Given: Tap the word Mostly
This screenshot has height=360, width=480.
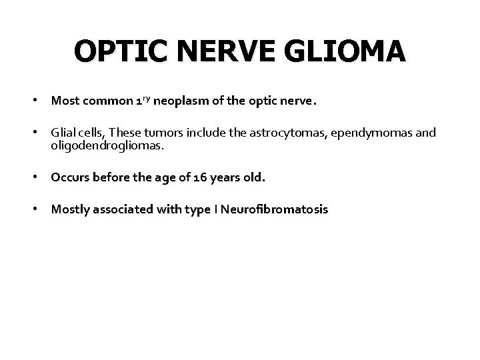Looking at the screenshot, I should pyautogui.click(x=69, y=210).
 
